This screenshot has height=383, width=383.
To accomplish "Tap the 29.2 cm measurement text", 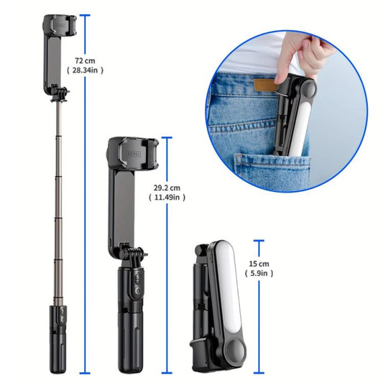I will [x=167, y=187].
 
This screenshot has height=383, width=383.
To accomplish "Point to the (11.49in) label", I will [x=169, y=198].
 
